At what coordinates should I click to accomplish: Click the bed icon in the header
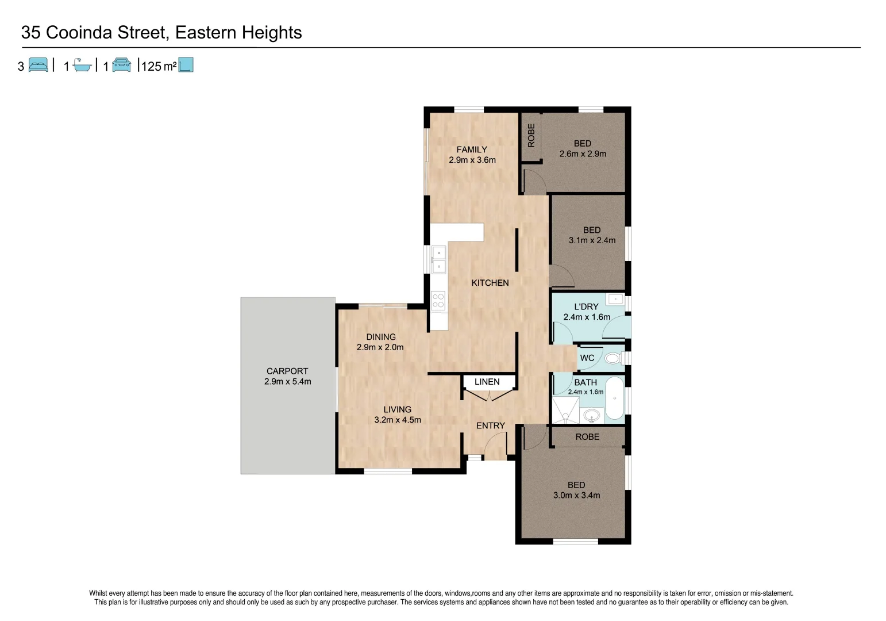point(38,65)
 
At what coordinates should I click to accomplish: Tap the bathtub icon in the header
point(82,66)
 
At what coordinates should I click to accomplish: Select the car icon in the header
point(121,65)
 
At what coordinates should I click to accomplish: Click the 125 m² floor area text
point(159,66)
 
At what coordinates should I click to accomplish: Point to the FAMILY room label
point(472,149)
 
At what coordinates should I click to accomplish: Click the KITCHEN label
point(490,283)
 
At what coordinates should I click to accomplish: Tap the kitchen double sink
point(438,260)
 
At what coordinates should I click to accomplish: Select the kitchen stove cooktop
point(438,301)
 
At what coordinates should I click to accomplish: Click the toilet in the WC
point(613,358)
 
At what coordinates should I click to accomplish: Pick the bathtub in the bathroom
point(615,398)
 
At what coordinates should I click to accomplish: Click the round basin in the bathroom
point(591,415)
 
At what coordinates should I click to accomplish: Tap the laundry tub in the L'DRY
point(615,299)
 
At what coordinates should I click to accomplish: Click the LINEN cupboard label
point(487,382)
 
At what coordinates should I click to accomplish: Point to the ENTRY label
point(490,425)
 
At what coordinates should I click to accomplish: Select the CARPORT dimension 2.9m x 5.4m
point(287,382)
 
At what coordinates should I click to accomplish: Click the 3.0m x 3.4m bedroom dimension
point(576,495)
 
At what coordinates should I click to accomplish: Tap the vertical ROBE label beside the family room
point(531,136)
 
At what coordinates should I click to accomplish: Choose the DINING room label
point(381,337)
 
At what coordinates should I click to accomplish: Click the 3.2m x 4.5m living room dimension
point(398,420)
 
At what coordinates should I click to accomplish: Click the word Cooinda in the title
point(79,33)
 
